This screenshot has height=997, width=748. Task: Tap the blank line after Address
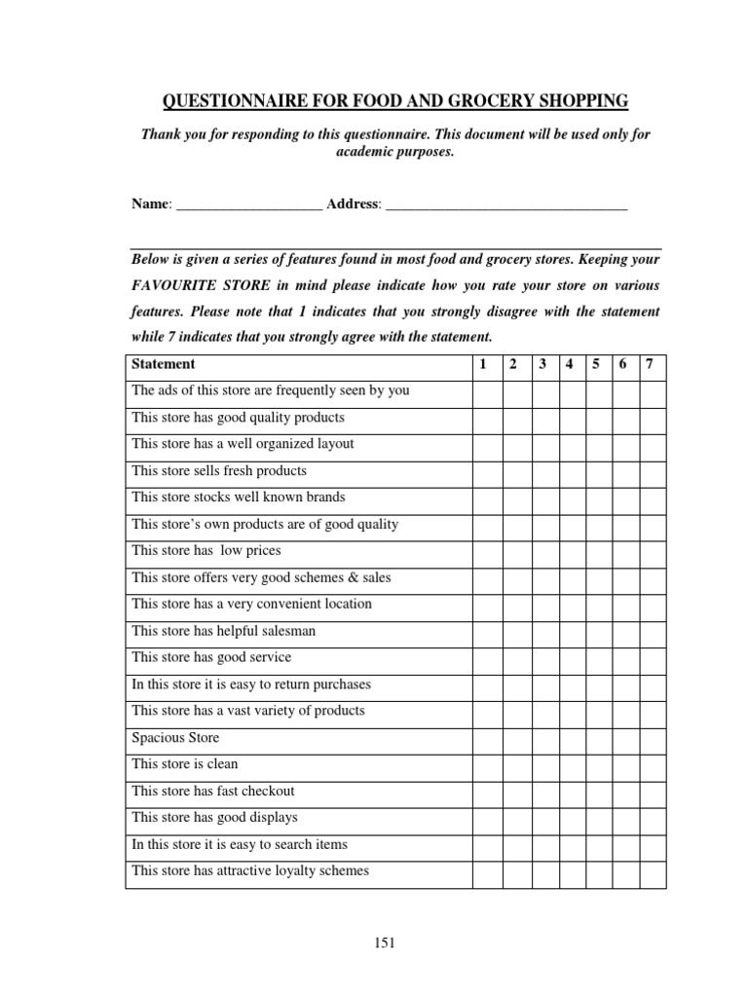tap(506, 206)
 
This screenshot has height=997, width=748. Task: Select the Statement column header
tap(163, 364)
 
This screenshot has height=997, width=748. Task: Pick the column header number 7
tap(650, 364)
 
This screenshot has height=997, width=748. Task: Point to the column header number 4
tap(569, 364)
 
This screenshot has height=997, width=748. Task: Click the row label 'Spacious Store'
tap(176, 738)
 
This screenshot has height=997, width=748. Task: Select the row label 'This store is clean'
tap(185, 764)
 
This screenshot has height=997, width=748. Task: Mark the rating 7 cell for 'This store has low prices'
tap(652, 551)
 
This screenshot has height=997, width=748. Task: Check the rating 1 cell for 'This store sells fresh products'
tap(486, 471)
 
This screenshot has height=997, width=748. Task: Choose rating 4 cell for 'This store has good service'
tap(569, 658)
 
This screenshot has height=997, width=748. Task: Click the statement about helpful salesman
tap(224, 631)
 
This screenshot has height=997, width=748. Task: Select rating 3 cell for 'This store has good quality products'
tap(542, 418)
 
